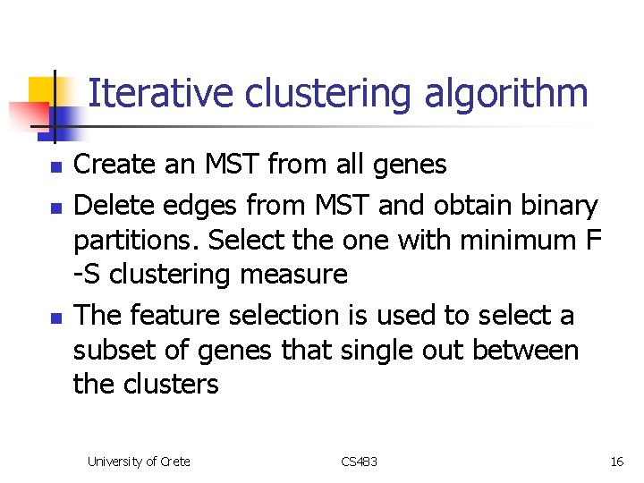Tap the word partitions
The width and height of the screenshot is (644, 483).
pos(142,241)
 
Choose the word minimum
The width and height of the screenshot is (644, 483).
pos(503,241)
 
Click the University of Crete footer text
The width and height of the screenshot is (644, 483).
pos(139,462)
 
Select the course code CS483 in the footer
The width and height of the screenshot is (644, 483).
pos(360,462)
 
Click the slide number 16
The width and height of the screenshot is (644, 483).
pos(616,462)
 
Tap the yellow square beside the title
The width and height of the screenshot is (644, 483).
pos(42,90)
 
